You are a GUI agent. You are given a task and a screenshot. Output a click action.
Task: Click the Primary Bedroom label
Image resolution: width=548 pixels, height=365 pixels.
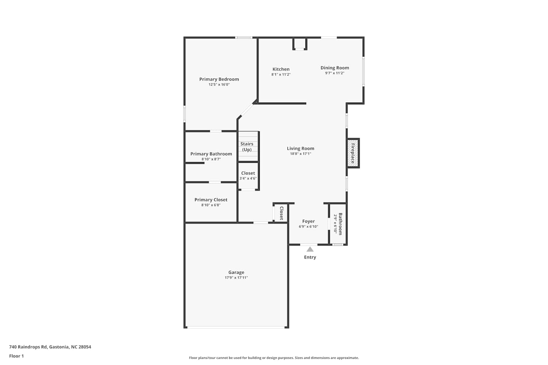click(219, 79)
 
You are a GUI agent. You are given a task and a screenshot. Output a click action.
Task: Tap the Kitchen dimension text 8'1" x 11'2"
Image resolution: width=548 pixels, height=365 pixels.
click(281, 74)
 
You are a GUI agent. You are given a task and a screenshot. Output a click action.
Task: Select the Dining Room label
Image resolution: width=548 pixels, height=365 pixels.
click(335, 68)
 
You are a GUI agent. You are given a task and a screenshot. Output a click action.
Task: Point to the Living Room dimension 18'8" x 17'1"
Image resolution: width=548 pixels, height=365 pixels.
click(300, 154)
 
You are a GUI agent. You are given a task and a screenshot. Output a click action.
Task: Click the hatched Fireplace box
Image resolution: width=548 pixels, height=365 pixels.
click(353, 153)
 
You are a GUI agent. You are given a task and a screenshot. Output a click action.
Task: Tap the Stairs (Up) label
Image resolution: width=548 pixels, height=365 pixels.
click(247, 147)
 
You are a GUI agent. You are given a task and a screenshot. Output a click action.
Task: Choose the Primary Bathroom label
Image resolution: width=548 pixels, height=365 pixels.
click(211, 154)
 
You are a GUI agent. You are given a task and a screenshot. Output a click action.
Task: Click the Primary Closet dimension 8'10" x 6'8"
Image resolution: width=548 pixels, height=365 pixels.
click(211, 205)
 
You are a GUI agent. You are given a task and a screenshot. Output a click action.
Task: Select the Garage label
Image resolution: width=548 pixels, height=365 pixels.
click(236, 272)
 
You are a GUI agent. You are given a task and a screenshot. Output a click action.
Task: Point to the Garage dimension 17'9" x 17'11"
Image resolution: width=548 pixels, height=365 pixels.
click(236, 277)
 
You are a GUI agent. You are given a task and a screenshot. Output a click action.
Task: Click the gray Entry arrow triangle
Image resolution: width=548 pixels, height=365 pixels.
click(310, 249)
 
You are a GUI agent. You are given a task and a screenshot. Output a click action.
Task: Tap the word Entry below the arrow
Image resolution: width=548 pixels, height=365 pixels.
click(310, 257)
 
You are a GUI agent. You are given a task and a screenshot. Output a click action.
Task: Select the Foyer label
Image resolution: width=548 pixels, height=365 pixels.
click(308, 221)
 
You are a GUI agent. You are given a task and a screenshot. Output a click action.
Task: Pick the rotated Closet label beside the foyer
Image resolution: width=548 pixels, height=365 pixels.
click(281, 213)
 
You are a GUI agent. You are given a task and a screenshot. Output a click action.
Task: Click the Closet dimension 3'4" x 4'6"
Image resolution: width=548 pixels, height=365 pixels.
click(248, 178)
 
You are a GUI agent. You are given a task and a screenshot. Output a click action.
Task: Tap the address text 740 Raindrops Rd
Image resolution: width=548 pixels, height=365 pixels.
click(28, 347)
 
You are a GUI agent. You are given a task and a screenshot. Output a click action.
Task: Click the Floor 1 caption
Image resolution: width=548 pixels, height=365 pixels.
click(16, 356)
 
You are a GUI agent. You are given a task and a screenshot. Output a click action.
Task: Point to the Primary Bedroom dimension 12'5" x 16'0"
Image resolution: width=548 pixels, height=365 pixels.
click(219, 85)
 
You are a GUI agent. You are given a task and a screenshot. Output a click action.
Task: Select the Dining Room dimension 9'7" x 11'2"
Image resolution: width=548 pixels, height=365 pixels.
click(335, 73)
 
